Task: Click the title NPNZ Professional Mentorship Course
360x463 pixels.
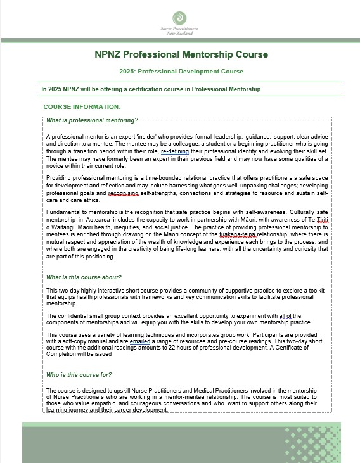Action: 181,55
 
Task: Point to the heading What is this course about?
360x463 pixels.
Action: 84,277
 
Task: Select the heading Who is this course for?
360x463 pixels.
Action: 79,374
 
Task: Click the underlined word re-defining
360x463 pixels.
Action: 175,152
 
